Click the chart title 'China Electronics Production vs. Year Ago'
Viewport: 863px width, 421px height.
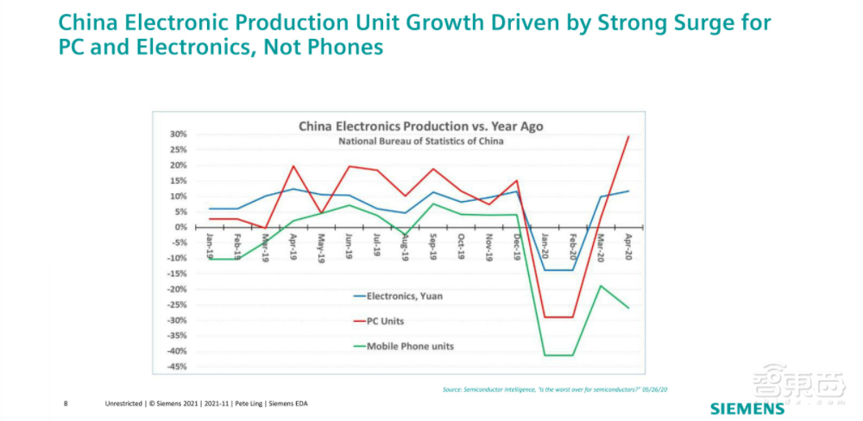[x=421, y=126]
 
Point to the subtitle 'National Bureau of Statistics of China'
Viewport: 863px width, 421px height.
[x=421, y=141]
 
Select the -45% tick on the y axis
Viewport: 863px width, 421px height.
[x=175, y=367]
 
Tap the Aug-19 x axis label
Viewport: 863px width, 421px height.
[x=406, y=245]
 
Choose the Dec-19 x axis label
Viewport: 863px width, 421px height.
[x=516, y=245]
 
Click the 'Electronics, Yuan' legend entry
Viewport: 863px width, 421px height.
[x=406, y=296]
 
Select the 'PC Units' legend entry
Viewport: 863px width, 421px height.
[x=386, y=321]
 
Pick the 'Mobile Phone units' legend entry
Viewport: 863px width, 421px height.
[x=411, y=346]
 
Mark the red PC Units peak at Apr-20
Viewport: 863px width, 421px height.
[x=627, y=136]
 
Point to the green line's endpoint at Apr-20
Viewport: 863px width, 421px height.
[x=627, y=308]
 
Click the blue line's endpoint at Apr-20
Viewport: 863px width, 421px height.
[x=627, y=191]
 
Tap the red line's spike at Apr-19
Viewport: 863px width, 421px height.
[x=293, y=166]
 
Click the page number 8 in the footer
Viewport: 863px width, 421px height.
[x=66, y=403]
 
